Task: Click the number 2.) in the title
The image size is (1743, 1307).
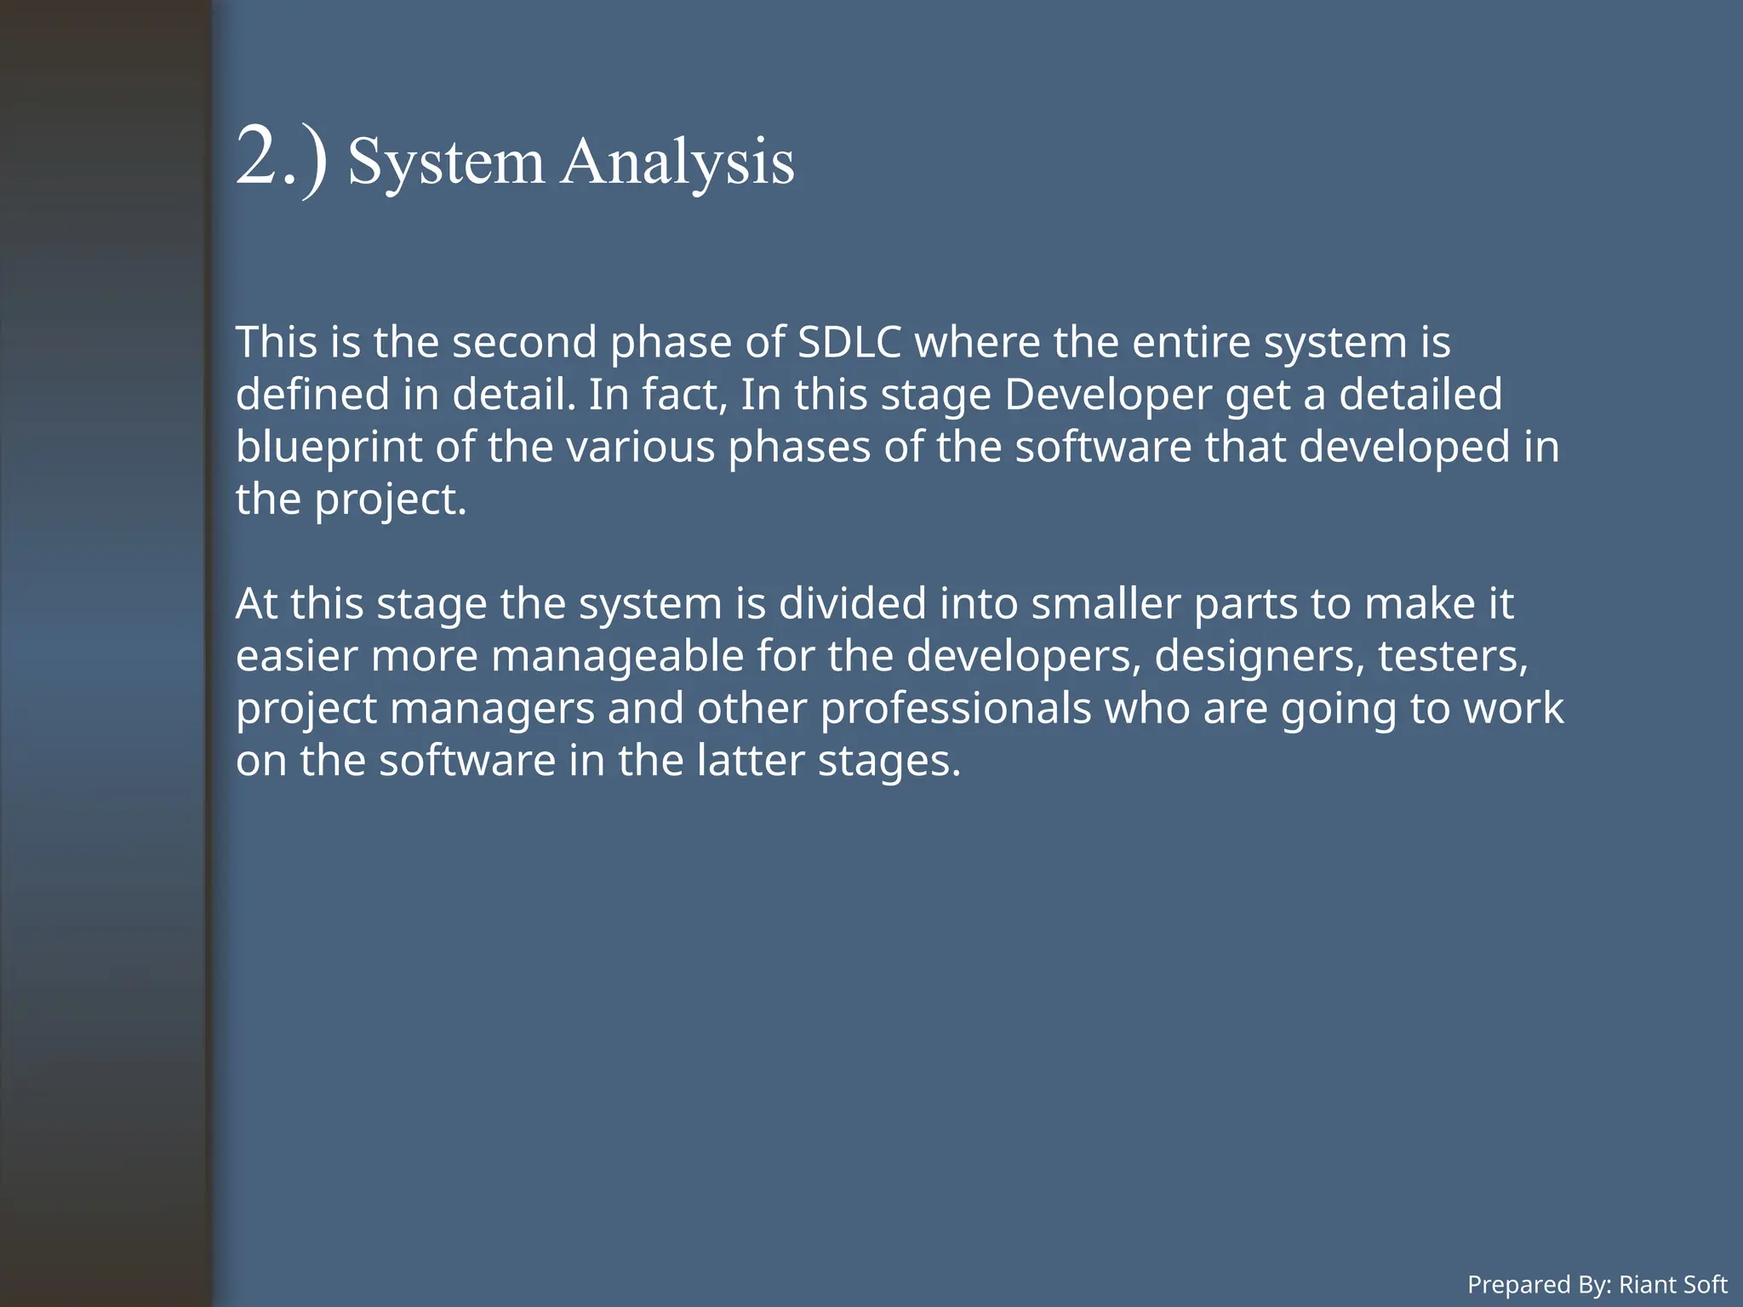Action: (281, 158)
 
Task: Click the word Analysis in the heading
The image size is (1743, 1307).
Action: (677, 162)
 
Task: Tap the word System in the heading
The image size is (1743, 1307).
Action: (446, 162)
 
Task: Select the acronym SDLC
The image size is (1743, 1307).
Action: (849, 342)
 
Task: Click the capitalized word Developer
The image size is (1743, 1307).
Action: (1107, 395)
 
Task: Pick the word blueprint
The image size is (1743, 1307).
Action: (329, 448)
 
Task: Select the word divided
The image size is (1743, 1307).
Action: (852, 603)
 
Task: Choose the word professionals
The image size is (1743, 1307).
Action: (956, 708)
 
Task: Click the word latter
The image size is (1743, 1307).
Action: (750, 760)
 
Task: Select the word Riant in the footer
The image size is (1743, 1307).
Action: (1642, 1284)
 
